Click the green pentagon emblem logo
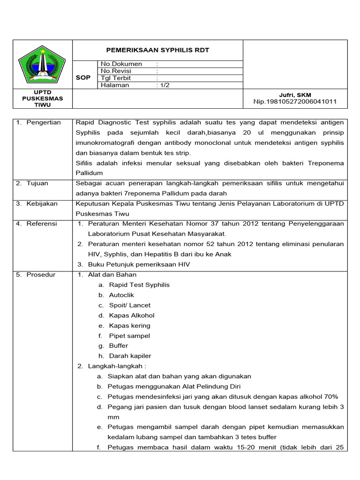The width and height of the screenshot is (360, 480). (42, 64)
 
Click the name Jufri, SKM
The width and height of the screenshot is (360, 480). (295, 95)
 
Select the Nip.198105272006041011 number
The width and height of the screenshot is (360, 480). (295, 101)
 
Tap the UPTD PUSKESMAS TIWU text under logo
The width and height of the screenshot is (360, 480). (42, 98)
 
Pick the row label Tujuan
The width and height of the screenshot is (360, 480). (37, 183)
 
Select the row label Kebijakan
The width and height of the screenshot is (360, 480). (41, 203)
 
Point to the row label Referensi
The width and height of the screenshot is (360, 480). (41, 224)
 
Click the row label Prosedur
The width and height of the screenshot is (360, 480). (41, 274)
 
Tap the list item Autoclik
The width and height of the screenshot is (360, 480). (121, 295)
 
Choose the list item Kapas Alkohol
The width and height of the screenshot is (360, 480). (131, 315)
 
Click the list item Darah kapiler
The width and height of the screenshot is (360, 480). (130, 356)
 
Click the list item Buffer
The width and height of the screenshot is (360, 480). (118, 345)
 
